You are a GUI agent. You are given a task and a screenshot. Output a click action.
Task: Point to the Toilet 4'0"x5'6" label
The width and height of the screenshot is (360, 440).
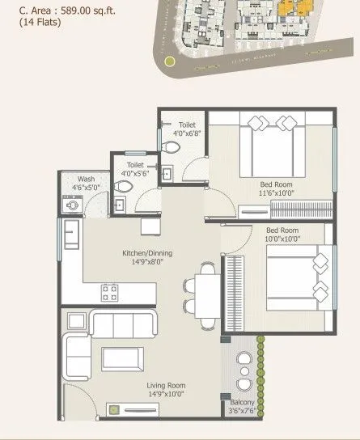click(x=138, y=167)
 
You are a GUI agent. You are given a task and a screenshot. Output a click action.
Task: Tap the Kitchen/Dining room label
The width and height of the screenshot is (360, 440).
click(x=144, y=257)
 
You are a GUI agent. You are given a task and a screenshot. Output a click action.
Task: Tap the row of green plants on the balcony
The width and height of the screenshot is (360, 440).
click(x=260, y=366)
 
